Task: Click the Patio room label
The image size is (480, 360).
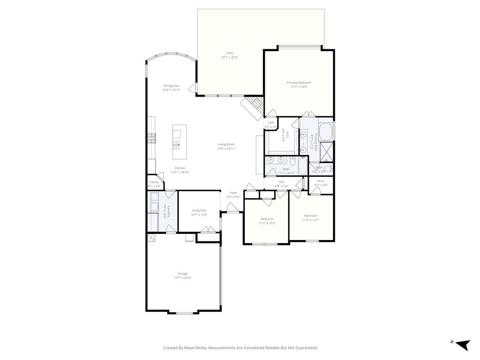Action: point(230,53)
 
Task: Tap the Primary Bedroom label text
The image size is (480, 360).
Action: point(299,82)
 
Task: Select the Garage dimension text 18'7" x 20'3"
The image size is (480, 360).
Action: point(182,278)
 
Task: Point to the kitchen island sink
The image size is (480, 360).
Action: point(176,145)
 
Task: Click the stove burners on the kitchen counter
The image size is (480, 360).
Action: point(152,137)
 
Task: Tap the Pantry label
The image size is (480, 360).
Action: point(154,182)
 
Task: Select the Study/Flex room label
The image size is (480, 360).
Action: point(199,210)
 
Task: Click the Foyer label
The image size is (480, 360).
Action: point(233,193)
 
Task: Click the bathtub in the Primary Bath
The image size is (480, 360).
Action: point(326,131)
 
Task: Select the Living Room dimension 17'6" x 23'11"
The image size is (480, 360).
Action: point(226,149)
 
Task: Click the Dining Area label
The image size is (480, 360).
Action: point(171,86)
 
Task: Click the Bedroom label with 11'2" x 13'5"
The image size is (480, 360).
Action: point(267,219)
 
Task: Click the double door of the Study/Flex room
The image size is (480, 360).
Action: point(205,229)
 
